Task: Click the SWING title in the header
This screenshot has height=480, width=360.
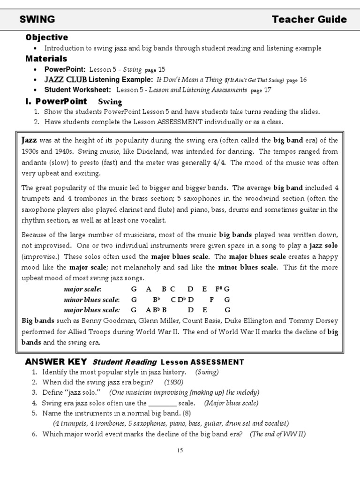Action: pyautogui.click(x=37, y=19)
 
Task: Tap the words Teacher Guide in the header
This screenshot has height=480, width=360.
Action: pyautogui.click(x=309, y=19)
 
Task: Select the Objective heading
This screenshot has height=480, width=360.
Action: pyautogui.click(x=46, y=37)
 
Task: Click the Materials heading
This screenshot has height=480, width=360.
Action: pyautogui.click(x=46, y=59)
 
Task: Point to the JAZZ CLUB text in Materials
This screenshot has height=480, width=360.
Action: pyautogui.click(x=65, y=80)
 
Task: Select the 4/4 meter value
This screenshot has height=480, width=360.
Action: pyautogui.click(x=218, y=163)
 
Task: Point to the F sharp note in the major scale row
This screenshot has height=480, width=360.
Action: pyautogui.click(x=218, y=289)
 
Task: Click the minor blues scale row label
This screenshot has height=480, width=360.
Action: pyautogui.click(x=91, y=300)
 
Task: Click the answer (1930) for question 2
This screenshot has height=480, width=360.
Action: pyautogui.click(x=173, y=382)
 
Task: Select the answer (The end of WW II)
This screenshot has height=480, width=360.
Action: pyautogui.click(x=277, y=434)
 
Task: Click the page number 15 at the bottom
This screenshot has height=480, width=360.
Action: pyautogui.click(x=180, y=450)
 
